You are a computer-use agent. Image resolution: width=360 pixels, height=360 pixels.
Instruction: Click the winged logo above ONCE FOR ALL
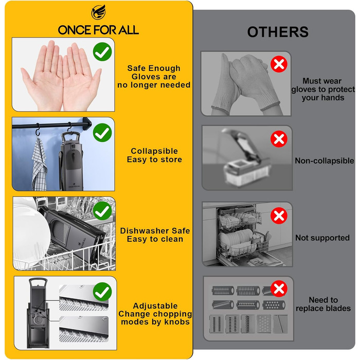tap(99, 12)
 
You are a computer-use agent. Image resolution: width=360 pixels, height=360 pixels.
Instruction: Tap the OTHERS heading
tap(278, 32)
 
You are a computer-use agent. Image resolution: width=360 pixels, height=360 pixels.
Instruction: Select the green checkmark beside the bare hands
tap(102, 51)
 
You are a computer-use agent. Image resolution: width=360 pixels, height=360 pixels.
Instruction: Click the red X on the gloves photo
tap(279, 64)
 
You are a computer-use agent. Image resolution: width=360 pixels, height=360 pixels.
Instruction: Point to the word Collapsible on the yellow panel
tap(154, 151)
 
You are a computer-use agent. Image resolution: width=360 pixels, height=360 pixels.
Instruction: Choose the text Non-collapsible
tap(324, 160)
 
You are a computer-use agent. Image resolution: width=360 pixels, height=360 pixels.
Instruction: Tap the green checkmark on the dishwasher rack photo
tap(102, 211)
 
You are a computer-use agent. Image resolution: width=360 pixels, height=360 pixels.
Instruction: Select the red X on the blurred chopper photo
tap(279, 139)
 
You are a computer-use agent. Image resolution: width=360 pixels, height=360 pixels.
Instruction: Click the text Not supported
tap(322, 238)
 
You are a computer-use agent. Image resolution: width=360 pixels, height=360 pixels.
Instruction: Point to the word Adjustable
tap(155, 306)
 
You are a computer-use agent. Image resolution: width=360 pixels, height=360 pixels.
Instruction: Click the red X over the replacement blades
tap(279, 289)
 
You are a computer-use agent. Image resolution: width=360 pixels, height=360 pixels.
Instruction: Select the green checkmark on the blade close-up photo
tap(102, 292)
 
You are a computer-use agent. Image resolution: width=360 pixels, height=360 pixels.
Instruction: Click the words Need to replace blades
tap(323, 304)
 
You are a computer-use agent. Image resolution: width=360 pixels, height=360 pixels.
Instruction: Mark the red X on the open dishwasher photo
tap(279, 215)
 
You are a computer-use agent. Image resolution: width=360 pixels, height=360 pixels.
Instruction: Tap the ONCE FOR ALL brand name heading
tap(98, 30)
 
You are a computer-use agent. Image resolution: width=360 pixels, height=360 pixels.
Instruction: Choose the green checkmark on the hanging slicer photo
tap(102, 133)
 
